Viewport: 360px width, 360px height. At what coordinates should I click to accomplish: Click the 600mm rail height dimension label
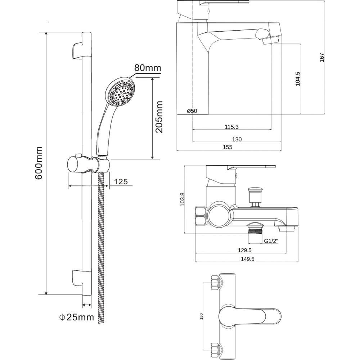(x=39, y=163)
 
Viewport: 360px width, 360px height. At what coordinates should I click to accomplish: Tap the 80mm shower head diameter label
(x=148, y=68)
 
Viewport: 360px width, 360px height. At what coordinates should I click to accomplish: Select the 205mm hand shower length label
(x=159, y=117)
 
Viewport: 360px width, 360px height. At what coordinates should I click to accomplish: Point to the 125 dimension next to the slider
(x=121, y=181)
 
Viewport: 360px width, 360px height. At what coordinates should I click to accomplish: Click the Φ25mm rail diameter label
(x=76, y=317)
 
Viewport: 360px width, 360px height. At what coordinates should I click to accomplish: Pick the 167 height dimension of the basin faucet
(x=322, y=57)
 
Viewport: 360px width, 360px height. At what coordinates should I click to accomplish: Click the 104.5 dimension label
(x=298, y=79)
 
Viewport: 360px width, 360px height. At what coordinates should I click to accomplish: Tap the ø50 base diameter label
(x=192, y=111)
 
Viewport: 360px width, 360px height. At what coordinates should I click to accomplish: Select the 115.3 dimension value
(x=231, y=126)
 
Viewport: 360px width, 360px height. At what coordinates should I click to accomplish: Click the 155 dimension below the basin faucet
(x=228, y=147)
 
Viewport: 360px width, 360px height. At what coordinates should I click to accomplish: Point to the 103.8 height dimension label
(x=182, y=199)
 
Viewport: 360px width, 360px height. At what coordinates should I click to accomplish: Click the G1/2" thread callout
(x=271, y=241)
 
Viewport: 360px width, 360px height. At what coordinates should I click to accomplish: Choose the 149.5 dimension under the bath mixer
(x=248, y=259)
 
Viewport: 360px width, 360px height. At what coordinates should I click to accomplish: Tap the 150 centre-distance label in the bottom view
(x=201, y=316)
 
